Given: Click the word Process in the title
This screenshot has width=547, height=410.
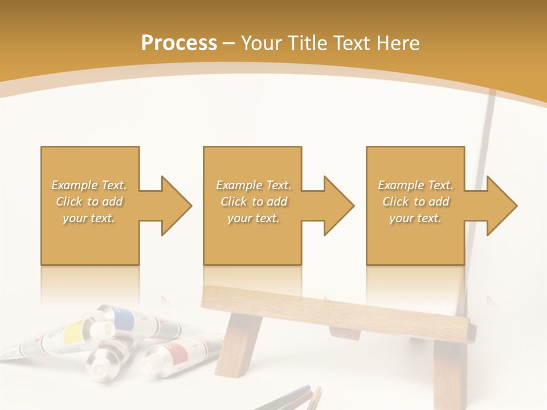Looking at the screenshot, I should coord(179,43).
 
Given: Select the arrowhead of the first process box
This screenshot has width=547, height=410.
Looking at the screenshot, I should coord(177,206).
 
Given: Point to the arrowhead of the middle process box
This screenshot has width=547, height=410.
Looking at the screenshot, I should coord(339,206).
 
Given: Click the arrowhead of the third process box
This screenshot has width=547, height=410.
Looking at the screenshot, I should coord(502,206).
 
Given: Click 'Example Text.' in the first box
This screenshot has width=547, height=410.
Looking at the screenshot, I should coord(89,185).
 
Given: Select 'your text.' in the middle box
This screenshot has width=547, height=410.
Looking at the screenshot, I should coord(253,218).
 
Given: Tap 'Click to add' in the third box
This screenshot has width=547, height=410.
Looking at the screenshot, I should coord(415,202).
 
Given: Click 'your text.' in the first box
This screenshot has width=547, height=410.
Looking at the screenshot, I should coord(89,218).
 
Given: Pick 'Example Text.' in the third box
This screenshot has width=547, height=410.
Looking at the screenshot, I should coord(415,185).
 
